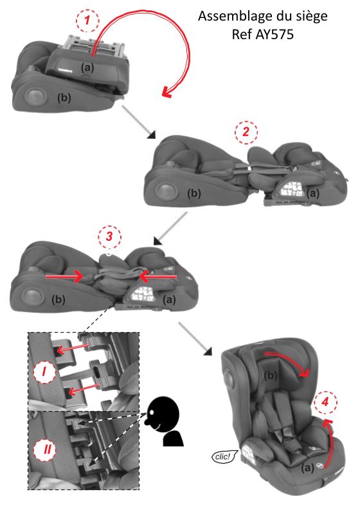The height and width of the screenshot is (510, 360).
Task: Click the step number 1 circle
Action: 87,21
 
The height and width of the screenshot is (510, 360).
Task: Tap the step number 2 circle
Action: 246,132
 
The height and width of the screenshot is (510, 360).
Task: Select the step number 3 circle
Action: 109,236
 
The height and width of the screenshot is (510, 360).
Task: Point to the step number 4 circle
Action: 325,403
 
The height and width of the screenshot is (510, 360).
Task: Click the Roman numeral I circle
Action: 44,371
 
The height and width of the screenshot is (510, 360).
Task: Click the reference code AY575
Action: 274,34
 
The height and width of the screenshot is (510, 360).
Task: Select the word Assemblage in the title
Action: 231,16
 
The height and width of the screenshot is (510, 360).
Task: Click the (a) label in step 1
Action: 87,67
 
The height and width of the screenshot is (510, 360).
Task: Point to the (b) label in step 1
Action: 64,98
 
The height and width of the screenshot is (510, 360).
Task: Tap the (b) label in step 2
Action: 194,193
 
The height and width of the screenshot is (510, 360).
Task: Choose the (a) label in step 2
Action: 313,193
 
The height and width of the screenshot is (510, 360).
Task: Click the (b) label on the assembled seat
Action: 271,376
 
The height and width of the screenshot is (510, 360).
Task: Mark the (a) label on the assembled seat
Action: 307,468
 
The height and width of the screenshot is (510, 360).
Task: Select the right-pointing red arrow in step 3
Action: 64,276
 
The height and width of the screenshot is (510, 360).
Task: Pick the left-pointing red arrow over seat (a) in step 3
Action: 158,276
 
